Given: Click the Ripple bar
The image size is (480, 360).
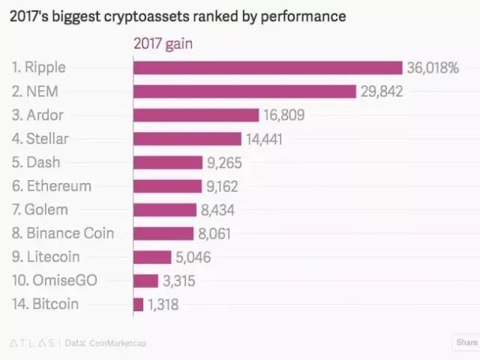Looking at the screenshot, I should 268,67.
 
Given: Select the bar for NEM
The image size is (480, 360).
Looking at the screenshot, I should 244,91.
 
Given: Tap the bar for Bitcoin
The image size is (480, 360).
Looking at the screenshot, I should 139,304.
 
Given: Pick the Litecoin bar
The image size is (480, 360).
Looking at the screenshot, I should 152,257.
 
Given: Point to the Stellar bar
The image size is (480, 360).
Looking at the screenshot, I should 187,139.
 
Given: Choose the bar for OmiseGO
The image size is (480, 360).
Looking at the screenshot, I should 145,280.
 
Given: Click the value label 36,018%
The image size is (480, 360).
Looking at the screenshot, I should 432,67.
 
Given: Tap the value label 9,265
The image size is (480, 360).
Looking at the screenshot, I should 227,163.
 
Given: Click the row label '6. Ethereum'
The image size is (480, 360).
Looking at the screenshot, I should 51,186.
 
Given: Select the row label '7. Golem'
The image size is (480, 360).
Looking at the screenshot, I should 42,209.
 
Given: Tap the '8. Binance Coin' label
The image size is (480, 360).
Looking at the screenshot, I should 63,233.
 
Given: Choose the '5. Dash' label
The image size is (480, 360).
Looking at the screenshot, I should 36,163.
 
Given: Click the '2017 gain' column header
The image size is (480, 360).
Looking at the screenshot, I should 163,43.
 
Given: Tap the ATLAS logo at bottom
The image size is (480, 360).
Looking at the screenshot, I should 31,343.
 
